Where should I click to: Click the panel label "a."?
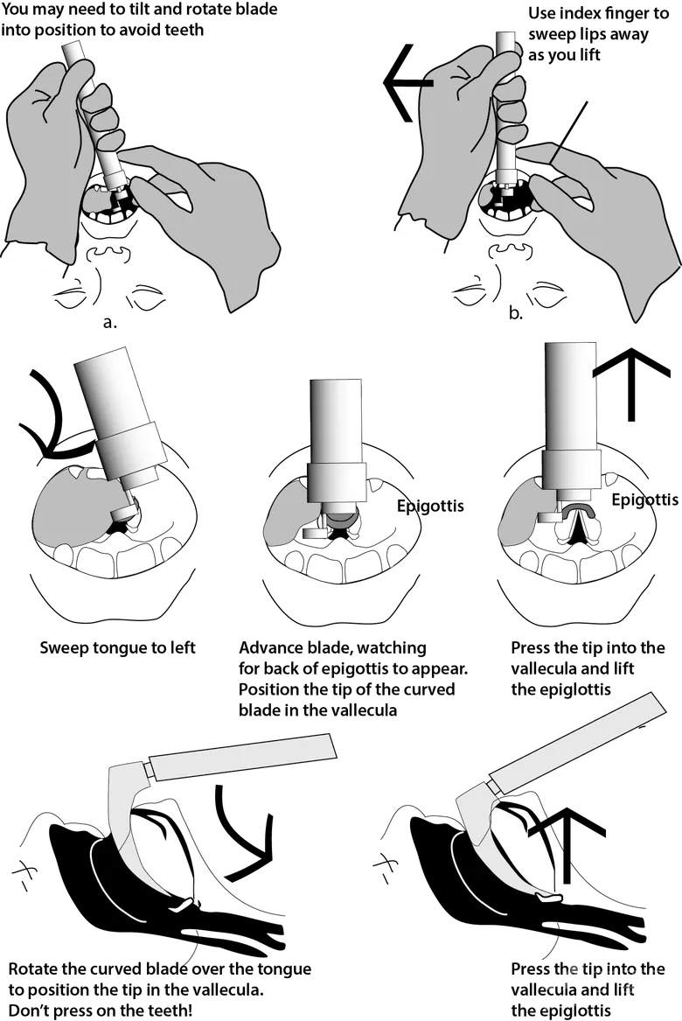pos(109,321)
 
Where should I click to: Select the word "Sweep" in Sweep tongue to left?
pos(63,650)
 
